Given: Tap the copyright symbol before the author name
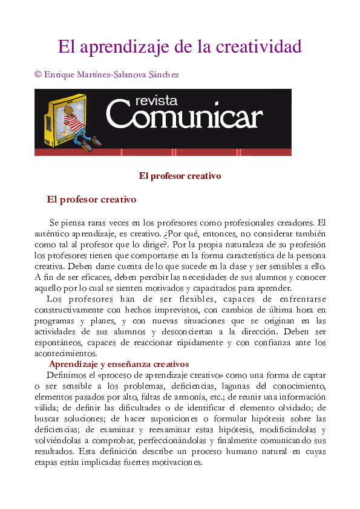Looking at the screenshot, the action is (38, 74).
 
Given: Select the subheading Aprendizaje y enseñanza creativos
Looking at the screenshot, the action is (119, 364).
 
